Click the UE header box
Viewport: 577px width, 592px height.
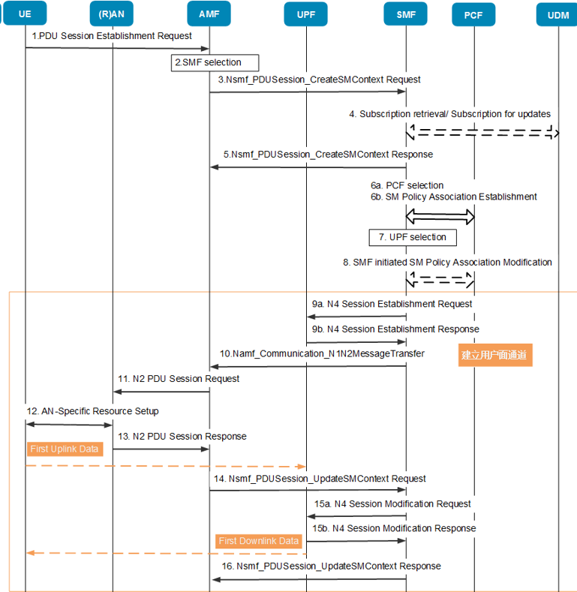click(x=25, y=14)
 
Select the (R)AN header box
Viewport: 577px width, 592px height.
click(x=111, y=14)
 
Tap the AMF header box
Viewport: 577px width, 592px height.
click(x=209, y=14)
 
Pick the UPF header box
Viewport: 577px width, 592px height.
click(x=306, y=15)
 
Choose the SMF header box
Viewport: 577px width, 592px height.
click(x=406, y=14)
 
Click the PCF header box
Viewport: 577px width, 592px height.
click(x=473, y=15)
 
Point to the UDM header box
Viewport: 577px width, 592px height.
click(x=557, y=15)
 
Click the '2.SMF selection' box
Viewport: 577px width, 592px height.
click(x=215, y=63)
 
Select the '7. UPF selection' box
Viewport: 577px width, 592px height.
click(x=413, y=238)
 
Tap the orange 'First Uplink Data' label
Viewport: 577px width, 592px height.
click(x=65, y=449)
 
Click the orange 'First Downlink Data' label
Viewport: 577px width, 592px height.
click(x=259, y=541)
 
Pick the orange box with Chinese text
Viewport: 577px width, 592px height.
click(x=495, y=355)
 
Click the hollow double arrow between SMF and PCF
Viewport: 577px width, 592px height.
click(x=440, y=217)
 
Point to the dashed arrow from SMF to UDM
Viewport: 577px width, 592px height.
click(x=482, y=133)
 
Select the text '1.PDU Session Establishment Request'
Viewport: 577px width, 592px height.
click(x=112, y=36)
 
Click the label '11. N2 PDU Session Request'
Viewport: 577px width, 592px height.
click(x=179, y=379)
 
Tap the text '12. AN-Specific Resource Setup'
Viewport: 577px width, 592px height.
click(x=92, y=411)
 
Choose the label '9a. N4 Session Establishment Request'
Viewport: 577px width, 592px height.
click(x=392, y=304)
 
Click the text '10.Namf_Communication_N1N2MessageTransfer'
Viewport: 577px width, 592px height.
click(x=322, y=353)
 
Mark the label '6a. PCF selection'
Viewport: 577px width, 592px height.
click(x=407, y=185)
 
